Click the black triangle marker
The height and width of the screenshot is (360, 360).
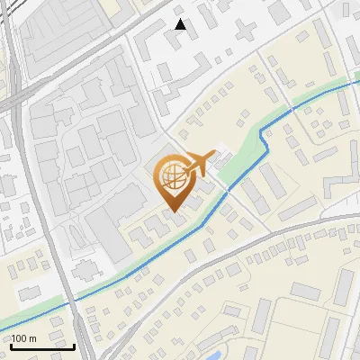(181, 24)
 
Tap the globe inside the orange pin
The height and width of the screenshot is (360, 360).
(174, 175)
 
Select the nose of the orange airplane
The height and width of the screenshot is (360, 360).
(215, 154)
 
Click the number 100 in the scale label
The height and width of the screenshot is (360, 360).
(19, 338)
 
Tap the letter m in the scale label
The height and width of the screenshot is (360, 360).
(32, 338)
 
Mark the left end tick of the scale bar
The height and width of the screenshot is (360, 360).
(11, 345)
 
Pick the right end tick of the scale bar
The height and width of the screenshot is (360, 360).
(74, 345)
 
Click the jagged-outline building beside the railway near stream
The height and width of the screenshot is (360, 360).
(85, 270)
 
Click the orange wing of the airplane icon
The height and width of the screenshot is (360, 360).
(199, 164)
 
